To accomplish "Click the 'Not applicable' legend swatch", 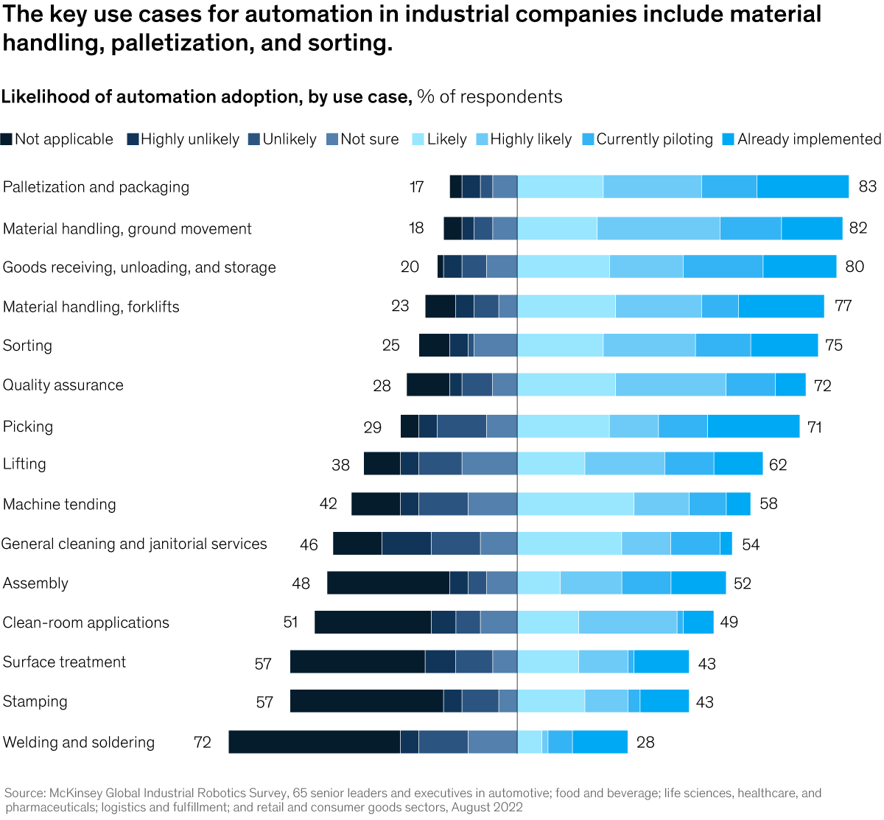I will (x=7, y=139).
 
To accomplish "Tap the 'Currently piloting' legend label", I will (x=654, y=139).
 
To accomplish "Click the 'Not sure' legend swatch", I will (x=332, y=139).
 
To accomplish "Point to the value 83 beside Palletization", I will (x=867, y=187).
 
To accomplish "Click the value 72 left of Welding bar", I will (x=203, y=742).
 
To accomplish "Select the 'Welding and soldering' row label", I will (x=79, y=742).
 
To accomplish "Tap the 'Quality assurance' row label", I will (x=63, y=385).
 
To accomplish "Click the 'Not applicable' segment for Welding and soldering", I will (x=315, y=742).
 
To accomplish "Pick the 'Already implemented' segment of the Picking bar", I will (x=753, y=426).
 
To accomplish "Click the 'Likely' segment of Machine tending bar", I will (x=575, y=504).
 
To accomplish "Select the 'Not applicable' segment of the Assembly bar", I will (x=388, y=583).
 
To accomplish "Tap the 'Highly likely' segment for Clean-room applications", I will (x=628, y=622).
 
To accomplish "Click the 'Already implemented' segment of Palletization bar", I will (x=802, y=187).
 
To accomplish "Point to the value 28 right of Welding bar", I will (x=645, y=742).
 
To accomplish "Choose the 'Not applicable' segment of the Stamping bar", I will (x=367, y=701).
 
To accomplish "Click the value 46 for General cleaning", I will (x=309, y=544).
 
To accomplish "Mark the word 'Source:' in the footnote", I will (x=25, y=793).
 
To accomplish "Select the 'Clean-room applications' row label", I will (x=86, y=623).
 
